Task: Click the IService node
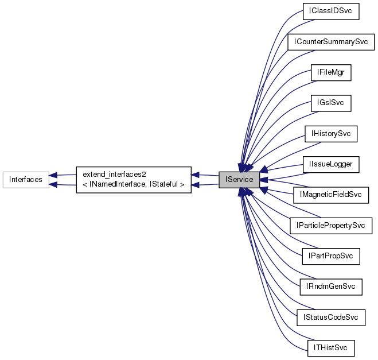pos(239,180)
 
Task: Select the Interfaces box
pos(25,180)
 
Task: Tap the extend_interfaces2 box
pos(134,180)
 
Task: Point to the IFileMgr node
pos(330,73)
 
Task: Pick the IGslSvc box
pos(330,103)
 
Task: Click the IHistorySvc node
pos(330,134)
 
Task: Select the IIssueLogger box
pos(330,165)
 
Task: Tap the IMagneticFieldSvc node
pos(330,195)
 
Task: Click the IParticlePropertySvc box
pos(330,226)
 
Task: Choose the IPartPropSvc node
pos(330,256)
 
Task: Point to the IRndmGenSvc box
pos(330,287)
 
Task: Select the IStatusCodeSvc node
pos(330,317)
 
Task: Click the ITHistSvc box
pos(330,347)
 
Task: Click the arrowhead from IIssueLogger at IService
pos(264,170)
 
